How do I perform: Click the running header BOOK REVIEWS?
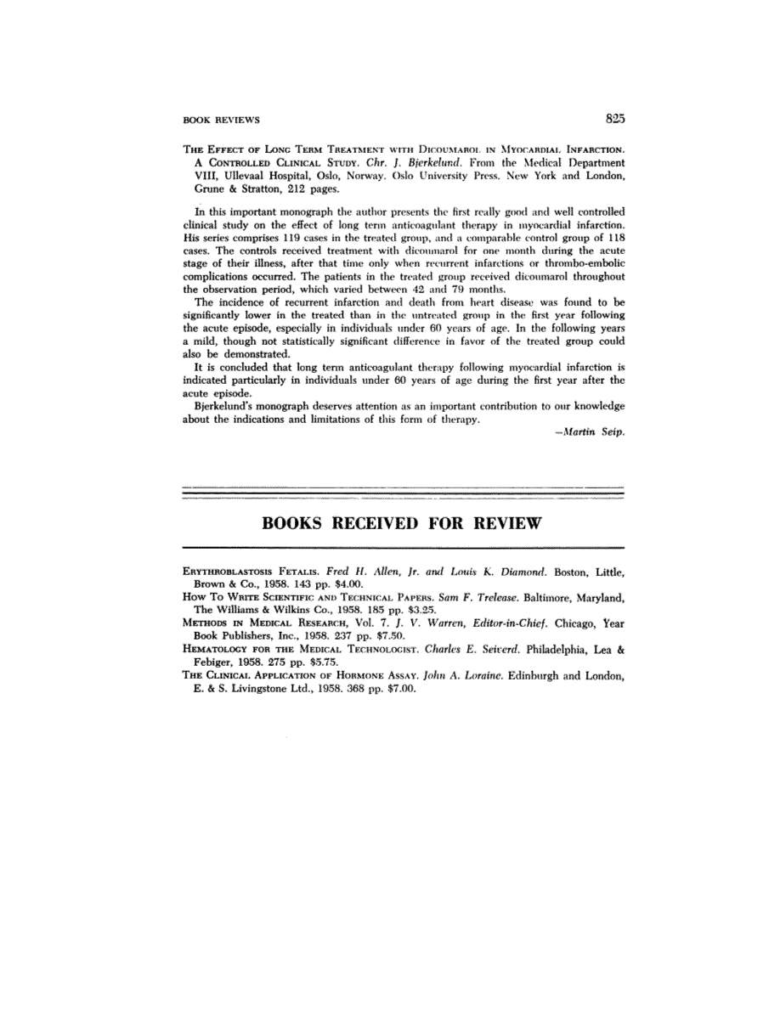[222, 121]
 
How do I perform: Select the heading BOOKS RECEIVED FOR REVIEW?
[402, 522]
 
